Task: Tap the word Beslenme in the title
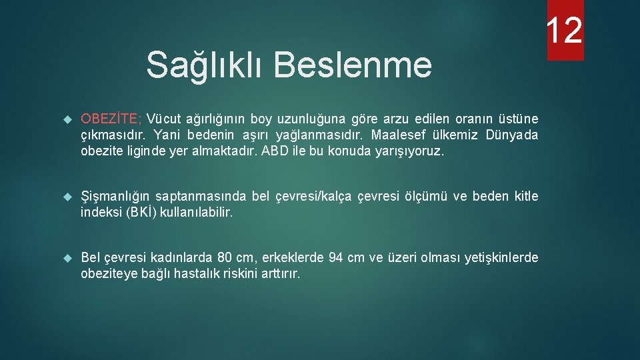[353, 65]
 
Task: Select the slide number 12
[565, 30]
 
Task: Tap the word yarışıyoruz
[410, 151]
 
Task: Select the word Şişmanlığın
[116, 196]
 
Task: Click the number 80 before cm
[225, 257]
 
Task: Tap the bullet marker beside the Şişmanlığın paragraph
[66, 197]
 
